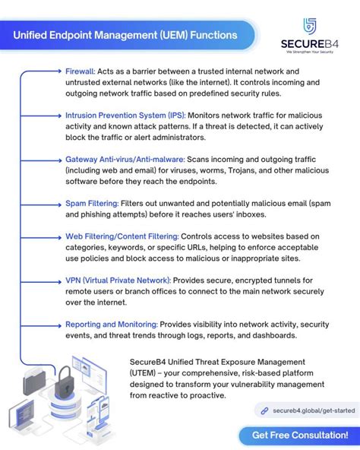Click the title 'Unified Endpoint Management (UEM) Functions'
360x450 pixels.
125,34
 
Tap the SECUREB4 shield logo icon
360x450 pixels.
309,25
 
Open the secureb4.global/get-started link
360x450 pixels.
314,410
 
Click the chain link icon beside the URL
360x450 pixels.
264,410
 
